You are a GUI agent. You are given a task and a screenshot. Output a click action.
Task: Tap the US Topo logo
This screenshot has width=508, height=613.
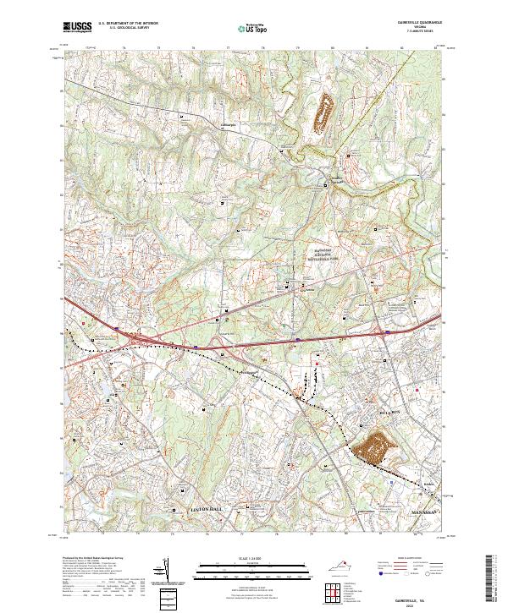click(x=253, y=29)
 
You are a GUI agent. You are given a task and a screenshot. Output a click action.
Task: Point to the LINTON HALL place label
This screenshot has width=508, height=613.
click(x=203, y=508)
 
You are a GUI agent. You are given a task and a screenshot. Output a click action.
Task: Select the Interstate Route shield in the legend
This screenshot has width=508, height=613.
click(x=387, y=572)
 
